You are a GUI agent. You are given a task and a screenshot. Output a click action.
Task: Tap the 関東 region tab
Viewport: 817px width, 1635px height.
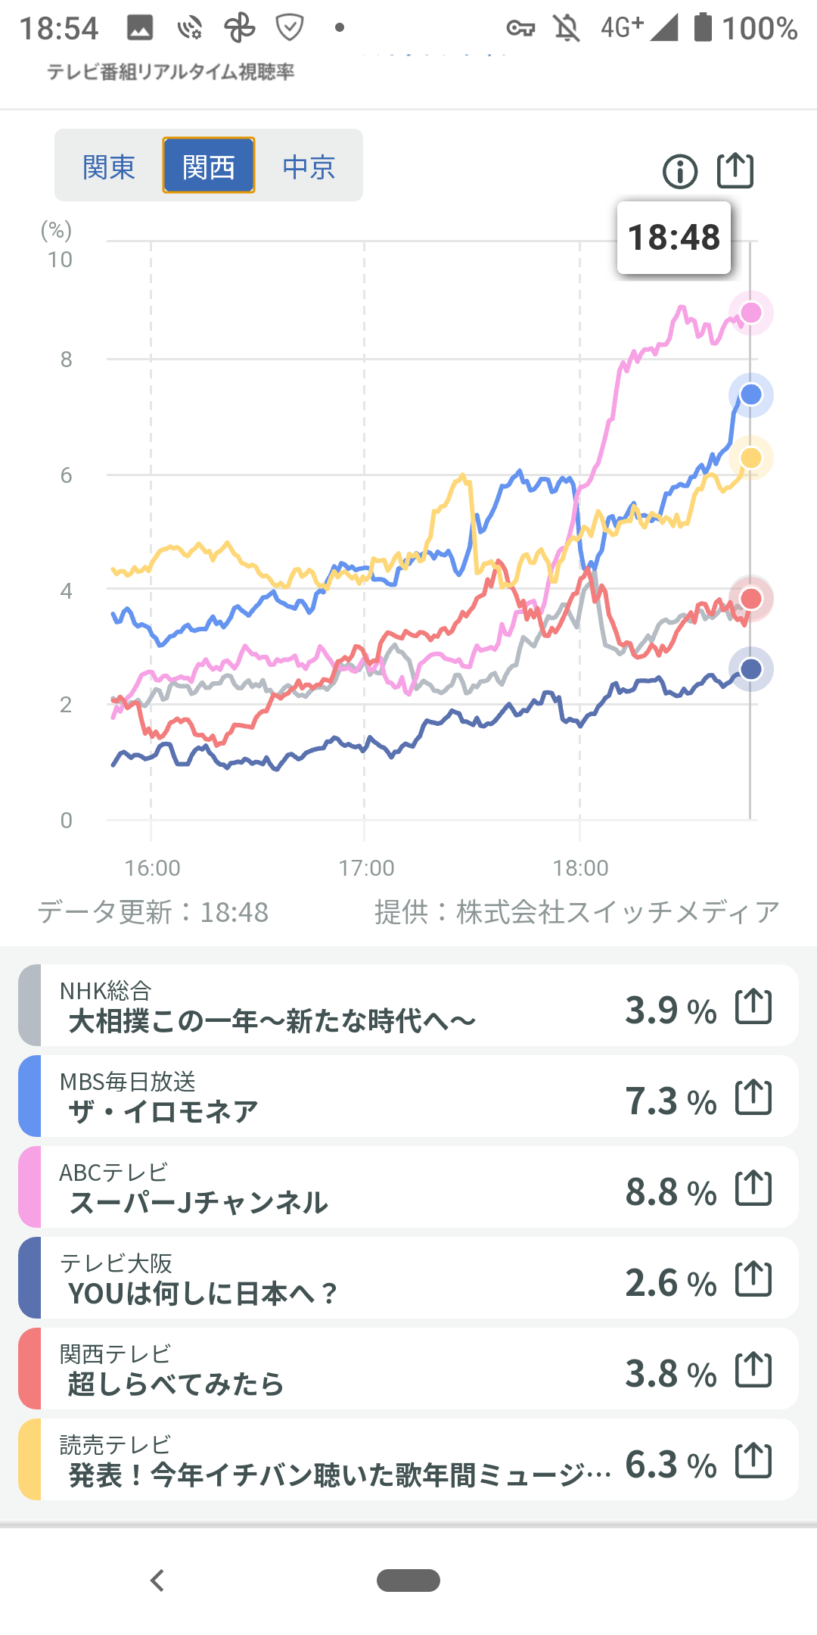pyautogui.click(x=109, y=167)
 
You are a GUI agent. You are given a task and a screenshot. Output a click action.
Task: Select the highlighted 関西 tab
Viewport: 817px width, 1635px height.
pyautogui.click(x=209, y=167)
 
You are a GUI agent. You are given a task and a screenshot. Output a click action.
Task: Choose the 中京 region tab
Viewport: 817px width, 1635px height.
pyautogui.click(x=309, y=167)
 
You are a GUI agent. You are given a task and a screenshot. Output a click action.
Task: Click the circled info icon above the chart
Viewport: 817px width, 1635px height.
pyautogui.click(x=679, y=171)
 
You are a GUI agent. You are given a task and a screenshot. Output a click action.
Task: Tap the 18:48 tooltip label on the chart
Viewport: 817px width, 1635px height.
pyautogui.click(x=674, y=238)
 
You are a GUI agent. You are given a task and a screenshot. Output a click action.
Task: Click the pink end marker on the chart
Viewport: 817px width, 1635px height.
pyautogui.click(x=751, y=313)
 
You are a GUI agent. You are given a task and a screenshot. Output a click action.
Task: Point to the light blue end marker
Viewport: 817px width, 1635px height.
pyautogui.click(x=751, y=394)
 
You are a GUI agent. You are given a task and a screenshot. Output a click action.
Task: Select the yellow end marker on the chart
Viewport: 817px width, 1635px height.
pyautogui.click(x=751, y=458)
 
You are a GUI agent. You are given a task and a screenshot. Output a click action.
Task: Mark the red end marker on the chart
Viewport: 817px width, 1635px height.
pyautogui.click(x=751, y=599)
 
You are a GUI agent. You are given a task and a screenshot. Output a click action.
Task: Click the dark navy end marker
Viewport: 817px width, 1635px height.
pyautogui.click(x=751, y=669)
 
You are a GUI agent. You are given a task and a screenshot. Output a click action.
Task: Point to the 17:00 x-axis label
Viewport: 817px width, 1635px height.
pyautogui.click(x=366, y=867)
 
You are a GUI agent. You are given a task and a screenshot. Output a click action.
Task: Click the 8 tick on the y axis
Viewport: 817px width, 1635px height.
pyautogui.click(x=67, y=360)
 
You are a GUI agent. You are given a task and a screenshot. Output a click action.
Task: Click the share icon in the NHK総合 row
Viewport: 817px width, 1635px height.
pyautogui.click(x=753, y=1007)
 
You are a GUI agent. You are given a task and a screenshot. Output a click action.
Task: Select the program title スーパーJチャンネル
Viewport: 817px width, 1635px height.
pyautogui.click(x=199, y=1203)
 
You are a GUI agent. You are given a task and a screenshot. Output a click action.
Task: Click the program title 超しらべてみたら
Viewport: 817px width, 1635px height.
pyautogui.click(x=176, y=1384)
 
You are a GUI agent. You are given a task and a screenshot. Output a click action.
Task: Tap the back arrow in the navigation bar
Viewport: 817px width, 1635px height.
pyautogui.click(x=157, y=1580)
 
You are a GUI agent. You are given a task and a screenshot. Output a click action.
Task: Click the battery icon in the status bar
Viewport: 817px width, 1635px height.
pyautogui.click(x=704, y=27)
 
